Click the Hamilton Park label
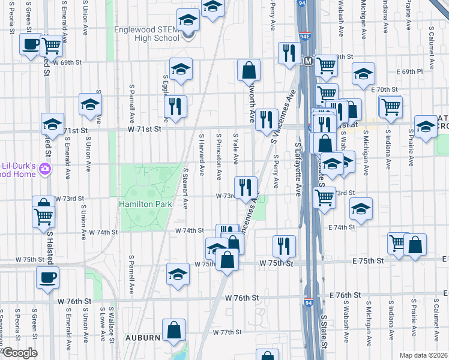tap(146, 204)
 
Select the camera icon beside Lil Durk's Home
tap(44, 170)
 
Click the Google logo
tap(19, 353)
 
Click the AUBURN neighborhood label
tap(142, 338)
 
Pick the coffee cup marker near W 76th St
tap(47, 277)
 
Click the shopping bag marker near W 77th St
tap(173, 329)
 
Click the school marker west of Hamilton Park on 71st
tap(52, 124)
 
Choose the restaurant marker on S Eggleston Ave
tap(175, 106)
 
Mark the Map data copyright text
tap(424, 355)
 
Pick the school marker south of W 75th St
tap(178, 274)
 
